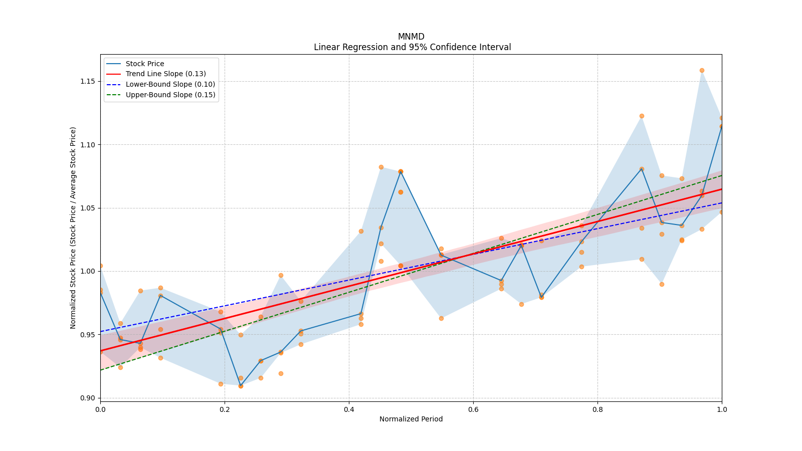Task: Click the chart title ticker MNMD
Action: coord(411,37)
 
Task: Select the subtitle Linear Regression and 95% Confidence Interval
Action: coord(412,47)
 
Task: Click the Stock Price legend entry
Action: coord(145,64)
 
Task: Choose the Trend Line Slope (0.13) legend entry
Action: coord(165,74)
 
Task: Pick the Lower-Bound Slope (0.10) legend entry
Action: coord(170,85)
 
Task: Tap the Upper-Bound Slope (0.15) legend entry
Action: coord(170,95)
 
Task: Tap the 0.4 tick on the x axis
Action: coord(349,409)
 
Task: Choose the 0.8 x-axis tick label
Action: coord(597,409)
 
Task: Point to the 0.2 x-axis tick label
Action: coord(225,409)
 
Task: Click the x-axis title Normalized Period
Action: coord(411,419)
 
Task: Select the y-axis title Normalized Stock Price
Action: coord(73,228)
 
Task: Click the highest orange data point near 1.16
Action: coord(702,71)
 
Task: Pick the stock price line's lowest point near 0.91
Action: coord(241,386)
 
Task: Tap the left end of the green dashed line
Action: coord(101,370)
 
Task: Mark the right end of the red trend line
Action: coord(721,189)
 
